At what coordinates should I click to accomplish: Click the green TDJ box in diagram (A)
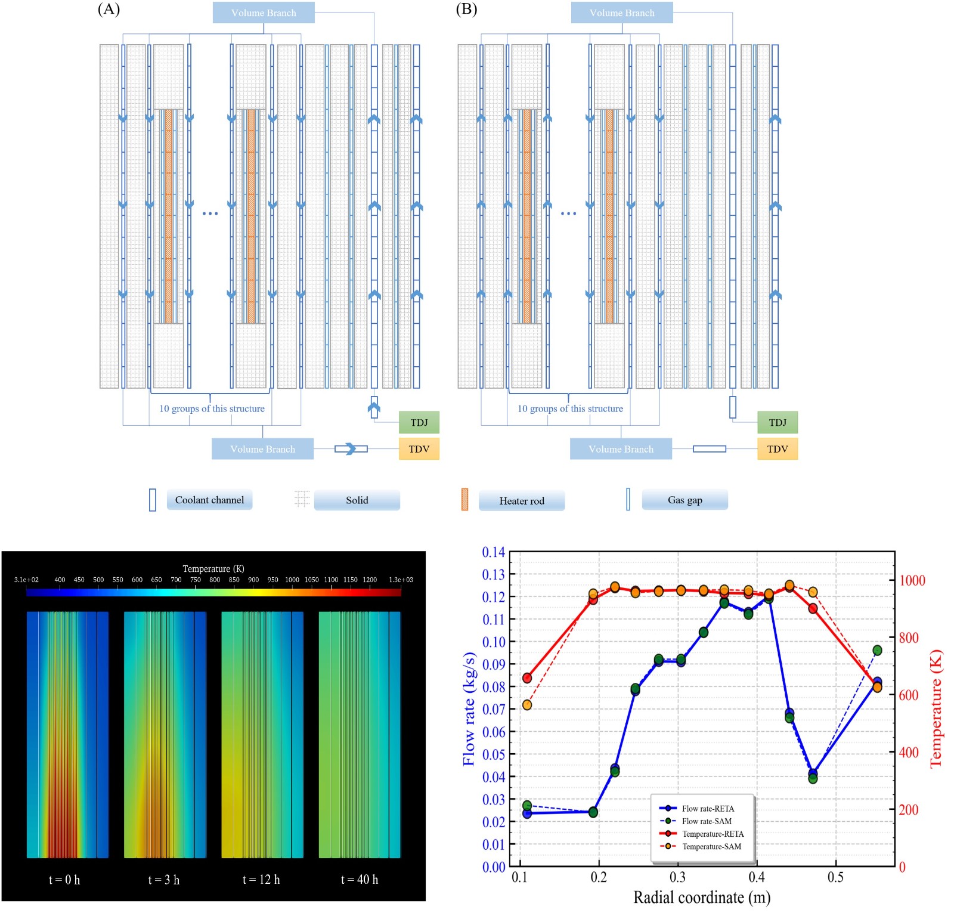tap(419, 422)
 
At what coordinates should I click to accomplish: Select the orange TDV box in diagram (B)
tap(777, 449)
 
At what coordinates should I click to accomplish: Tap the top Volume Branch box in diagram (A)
tap(264, 13)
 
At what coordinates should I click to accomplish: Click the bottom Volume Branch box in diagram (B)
tap(621, 449)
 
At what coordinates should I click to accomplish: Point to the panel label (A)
tap(109, 9)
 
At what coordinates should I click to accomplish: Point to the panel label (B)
tap(466, 9)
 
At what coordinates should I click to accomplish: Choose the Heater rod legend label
tap(521, 501)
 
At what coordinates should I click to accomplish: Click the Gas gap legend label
tap(684, 500)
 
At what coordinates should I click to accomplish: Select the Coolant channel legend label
tap(209, 500)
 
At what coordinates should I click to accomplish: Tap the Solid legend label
tap(357, 500)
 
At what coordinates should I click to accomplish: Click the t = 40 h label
tap(359, 880)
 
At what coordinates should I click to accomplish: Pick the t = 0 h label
tap(64, 880)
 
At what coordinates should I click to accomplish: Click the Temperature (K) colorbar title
tap(213, 568)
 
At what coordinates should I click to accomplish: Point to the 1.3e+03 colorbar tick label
tap(401, 580)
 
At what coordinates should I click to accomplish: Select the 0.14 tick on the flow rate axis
tap(493, 552)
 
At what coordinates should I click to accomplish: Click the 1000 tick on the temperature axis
tap(912, 580)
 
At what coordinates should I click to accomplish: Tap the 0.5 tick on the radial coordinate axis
tap(835, 877)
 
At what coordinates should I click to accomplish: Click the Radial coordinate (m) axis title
tap(701, 898)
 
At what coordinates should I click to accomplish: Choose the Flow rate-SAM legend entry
tap(707, 821)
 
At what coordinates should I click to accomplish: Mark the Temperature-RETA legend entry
tap(713, 834)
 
